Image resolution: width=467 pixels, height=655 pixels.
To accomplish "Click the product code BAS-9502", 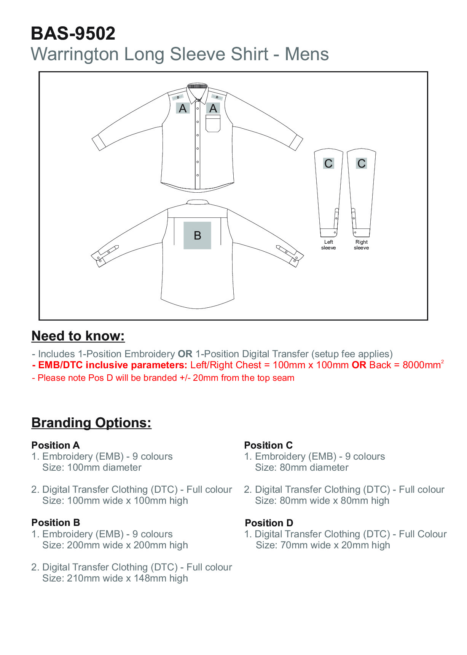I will click(x=73, y=34).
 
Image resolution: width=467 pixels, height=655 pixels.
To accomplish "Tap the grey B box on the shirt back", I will click(x=197, y=235).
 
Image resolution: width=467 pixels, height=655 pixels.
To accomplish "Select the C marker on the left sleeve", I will click(x=328, y=163).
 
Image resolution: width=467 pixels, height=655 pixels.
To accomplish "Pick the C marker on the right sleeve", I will click(x=361, y=163).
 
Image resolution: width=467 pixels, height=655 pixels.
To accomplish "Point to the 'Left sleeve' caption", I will click(x=328, y=245).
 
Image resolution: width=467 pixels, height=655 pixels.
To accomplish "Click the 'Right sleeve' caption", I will click(x=361, y=245).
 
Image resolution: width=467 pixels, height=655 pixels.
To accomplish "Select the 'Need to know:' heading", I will click(x=78, y=336).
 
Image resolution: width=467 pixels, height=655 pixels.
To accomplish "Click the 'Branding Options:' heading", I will click(x=91, y=423).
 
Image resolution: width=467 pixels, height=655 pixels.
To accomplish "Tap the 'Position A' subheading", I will click(x=56, y=445).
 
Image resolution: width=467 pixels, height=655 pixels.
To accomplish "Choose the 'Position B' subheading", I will click(x=56, y=522).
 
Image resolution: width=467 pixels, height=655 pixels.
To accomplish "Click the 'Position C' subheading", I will click(x=268, y=445).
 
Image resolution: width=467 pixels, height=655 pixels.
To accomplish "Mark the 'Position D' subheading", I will click(x=269, y=523).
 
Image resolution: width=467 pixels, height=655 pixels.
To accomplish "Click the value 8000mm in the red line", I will click(x=421, y=365).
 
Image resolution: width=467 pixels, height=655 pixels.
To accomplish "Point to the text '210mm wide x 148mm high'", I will click(x=128, y=578).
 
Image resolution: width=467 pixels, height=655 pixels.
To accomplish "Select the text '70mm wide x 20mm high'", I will click(x=335, y=545).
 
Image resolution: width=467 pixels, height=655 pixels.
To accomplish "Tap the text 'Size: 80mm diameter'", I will click(x=301, y=468).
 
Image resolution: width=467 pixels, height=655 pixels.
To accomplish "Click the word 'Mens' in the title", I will click(x=307, y=54).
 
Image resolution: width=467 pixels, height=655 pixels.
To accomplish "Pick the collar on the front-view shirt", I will click(x=197, y=91).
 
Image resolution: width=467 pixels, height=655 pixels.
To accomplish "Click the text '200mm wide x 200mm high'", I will click(x=128, y=545).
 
